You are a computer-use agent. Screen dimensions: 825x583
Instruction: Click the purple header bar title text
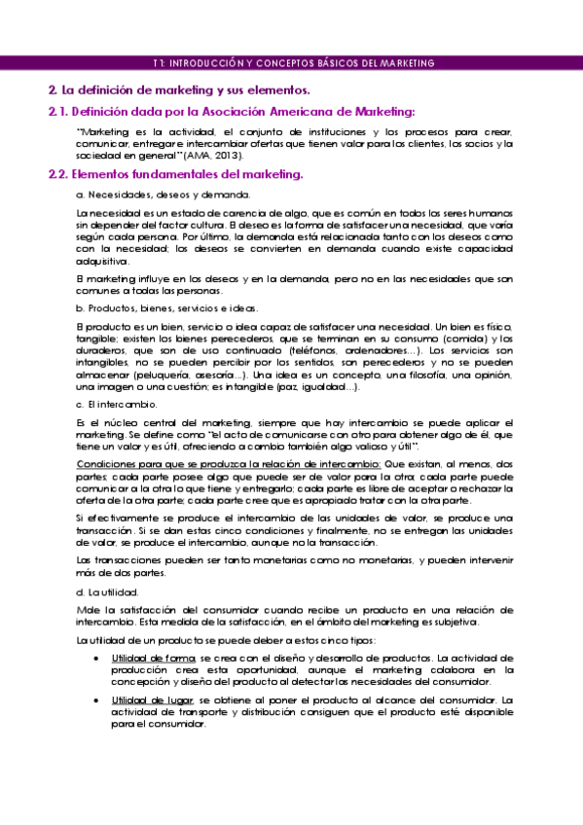tap(293, 63)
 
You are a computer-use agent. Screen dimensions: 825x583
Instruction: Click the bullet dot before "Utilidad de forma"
tap(93, 659)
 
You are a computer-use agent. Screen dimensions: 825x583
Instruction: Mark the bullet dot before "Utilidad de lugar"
tap(93, 699)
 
